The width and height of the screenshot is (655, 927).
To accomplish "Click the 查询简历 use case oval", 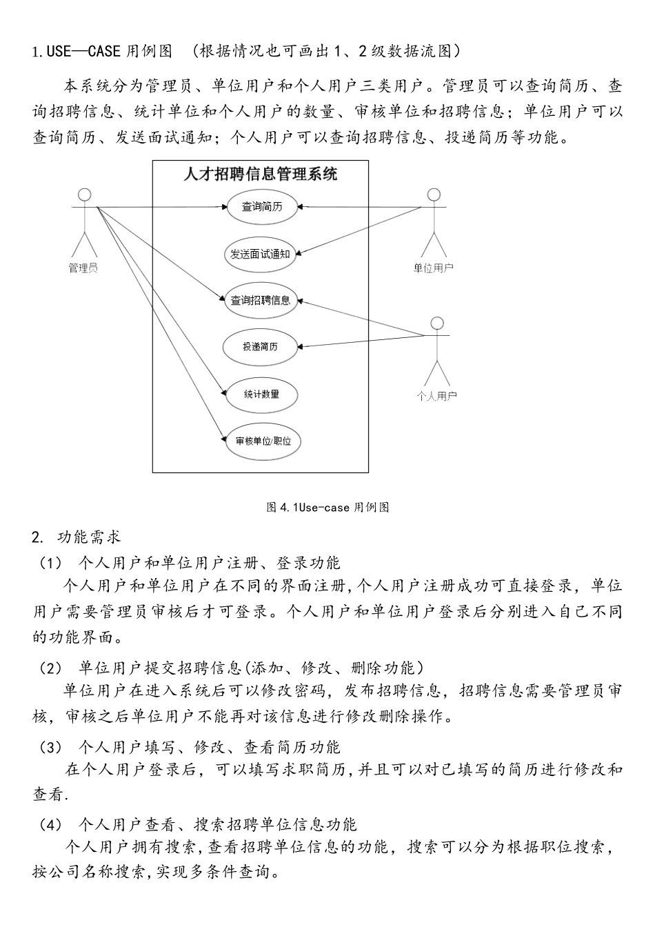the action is point(261,206).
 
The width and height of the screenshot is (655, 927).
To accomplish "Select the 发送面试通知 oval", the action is point(260,254).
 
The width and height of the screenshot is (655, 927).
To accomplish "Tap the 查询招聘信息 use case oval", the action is point(261,301).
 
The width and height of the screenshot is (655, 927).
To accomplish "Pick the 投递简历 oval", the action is point(260,347).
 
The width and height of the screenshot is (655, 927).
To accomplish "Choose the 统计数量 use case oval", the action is point(261,395).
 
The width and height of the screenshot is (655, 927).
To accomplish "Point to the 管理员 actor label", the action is point(83,268).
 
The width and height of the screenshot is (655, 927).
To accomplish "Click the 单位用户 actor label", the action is point(433,268).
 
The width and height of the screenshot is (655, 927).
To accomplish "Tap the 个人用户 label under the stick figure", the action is point(436,396).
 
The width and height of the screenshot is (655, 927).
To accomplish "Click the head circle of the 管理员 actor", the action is point(84,194).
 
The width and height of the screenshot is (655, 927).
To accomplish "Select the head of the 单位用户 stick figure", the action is point(434,194).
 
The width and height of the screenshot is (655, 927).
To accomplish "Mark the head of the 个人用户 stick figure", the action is point(436,322).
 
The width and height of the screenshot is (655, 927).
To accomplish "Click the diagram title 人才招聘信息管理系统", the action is point(261,175).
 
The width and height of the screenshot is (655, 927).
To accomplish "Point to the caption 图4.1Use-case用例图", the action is point(327,508).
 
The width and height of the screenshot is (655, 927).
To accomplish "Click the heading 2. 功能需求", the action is point(77,537).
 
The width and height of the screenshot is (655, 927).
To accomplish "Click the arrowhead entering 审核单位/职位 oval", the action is point(223,439).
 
